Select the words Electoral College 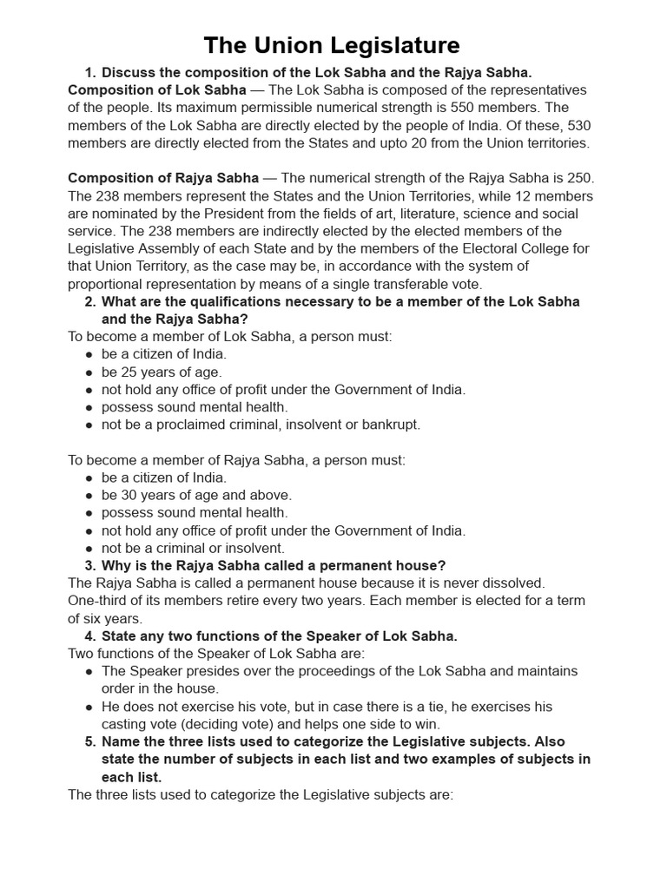pos(521,248)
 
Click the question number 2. pos(89,301)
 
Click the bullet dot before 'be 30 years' pos(89,496)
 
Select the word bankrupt pos(390,425)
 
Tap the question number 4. pos(89,636)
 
